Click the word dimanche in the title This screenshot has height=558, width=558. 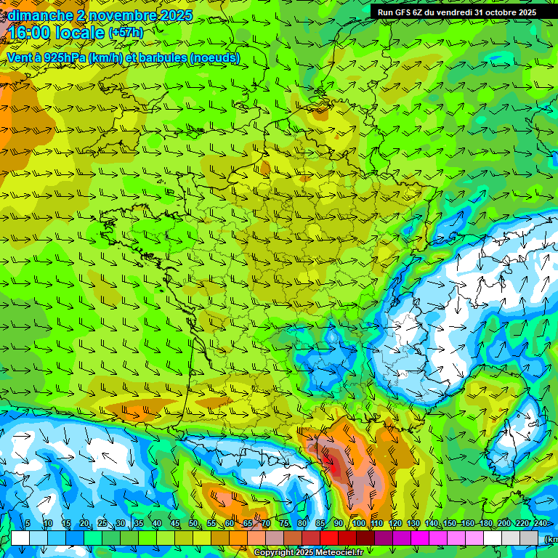coord(39,15)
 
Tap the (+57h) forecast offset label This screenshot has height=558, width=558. coord(126,33)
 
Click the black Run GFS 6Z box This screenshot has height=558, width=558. coord(464,12)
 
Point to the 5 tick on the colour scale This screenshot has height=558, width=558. coord(28,523)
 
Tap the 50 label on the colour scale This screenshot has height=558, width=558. coord(193,523)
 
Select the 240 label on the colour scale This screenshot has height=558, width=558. coord(541,523)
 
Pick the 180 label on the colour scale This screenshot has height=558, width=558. coord(485,523)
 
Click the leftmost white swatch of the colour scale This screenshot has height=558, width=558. coord(20,538)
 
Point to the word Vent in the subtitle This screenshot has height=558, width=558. coord(20,58)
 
